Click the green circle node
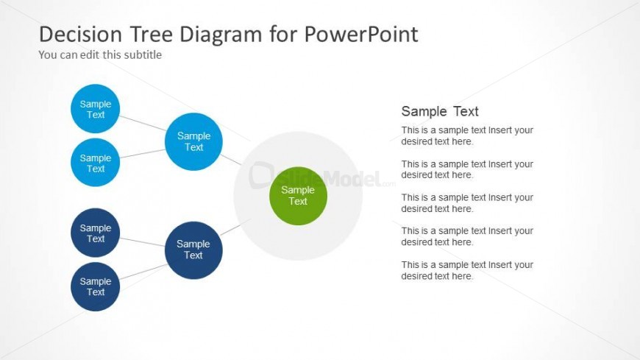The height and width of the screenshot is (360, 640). click(298, 196)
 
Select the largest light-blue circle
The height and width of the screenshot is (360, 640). click(193, 142)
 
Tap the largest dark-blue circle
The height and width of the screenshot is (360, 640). click(193, 250)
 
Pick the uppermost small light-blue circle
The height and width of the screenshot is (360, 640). click(95, 109)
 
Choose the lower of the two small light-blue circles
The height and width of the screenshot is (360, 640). click(95, 162)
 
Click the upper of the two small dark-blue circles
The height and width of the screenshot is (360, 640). click(95, 233)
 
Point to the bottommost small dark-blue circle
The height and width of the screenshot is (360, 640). click(95, 286)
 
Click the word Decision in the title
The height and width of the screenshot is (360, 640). click(80, 34)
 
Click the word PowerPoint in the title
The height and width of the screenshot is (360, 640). click(361, 34)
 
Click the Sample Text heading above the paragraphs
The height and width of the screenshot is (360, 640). click(440, 111)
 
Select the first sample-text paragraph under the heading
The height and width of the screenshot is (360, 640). click(467, 135)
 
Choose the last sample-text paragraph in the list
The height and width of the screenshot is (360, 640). click(467, 270)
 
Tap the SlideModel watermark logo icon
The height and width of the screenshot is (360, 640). click(261, 175)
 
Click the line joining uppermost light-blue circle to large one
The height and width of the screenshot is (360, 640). click(143, 123)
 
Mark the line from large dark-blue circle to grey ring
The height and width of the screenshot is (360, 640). click(235, 227)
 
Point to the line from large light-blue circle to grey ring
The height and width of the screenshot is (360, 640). click(231, 159)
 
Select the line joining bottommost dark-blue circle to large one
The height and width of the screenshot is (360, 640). click(143, 272)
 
